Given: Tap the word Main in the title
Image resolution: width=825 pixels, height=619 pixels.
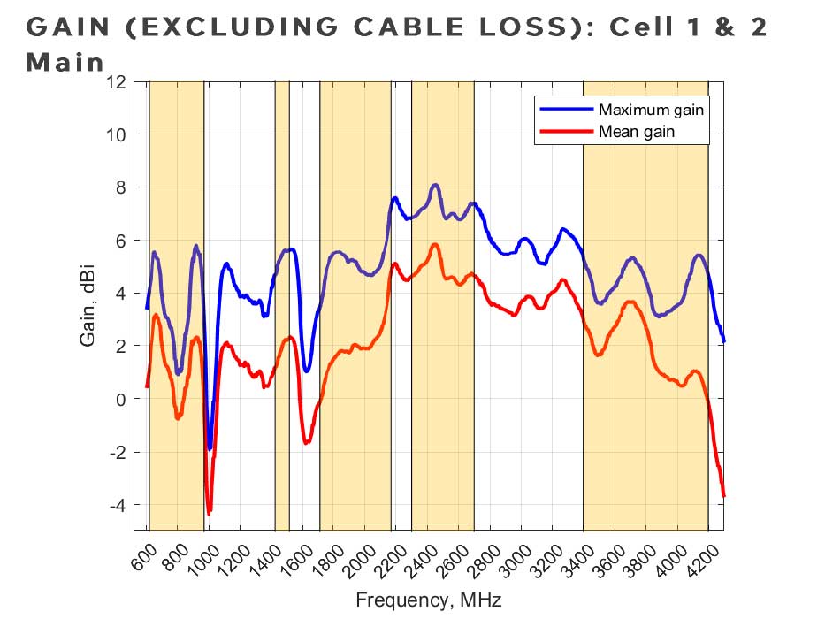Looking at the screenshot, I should point(65,63).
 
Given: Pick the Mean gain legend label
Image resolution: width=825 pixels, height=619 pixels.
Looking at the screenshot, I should point(637,133).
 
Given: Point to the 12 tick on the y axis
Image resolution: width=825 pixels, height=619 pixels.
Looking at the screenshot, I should point(115,82).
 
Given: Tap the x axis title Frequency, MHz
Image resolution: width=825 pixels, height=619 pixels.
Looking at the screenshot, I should point(429,600).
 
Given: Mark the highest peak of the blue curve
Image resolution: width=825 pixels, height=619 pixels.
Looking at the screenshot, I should point(435,185).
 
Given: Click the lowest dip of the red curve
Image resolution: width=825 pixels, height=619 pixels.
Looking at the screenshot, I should point(209,514).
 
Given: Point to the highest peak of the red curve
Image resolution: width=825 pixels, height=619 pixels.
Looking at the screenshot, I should point(435,244).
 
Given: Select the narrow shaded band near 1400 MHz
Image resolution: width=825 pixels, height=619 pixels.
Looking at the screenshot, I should point(282,305).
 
